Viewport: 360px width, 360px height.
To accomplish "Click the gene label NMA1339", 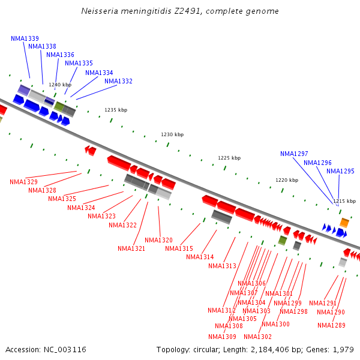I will [25, 38].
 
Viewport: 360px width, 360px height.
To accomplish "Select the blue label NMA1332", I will [118, 81].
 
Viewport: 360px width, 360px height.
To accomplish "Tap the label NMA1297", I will [294, 154].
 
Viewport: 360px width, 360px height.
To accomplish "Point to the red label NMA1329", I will [23, 182].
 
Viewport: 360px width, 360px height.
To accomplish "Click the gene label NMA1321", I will [131, 248].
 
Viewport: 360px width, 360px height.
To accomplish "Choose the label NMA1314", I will [200, 257].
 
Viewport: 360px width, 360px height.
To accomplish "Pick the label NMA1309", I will [222, 337].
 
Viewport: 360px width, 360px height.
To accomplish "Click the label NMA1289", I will [331, 325].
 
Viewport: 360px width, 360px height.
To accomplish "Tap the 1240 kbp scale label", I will [60, 85].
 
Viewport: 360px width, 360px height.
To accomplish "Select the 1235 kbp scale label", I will [116, 110].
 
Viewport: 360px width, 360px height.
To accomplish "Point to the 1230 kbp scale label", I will [172, 134].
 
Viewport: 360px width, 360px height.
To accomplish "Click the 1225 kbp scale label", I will [229, 158].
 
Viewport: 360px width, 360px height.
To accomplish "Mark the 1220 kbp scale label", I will [287, 180].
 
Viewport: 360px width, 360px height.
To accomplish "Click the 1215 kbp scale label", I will [344, 201].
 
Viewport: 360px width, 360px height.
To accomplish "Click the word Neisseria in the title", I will [100, 11].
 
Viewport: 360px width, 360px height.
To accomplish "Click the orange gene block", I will [344, 223].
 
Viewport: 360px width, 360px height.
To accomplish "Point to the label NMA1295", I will [340, 171].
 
